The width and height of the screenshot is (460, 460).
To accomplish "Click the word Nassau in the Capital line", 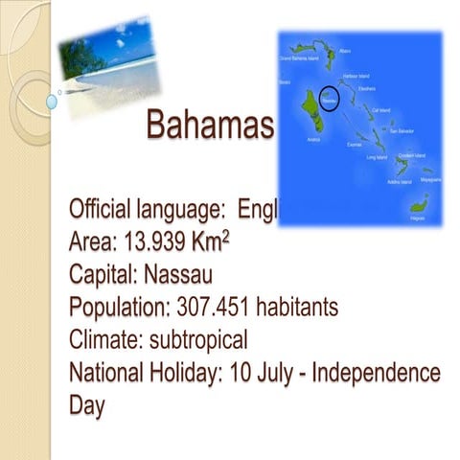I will (179, 275).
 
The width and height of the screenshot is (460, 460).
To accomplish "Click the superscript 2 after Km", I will (225, 233).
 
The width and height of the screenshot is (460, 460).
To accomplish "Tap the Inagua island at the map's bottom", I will (419, 204).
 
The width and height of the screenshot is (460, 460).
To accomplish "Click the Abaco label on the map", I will (345, 50).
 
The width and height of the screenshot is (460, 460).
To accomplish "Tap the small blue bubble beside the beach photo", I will (52, 100).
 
